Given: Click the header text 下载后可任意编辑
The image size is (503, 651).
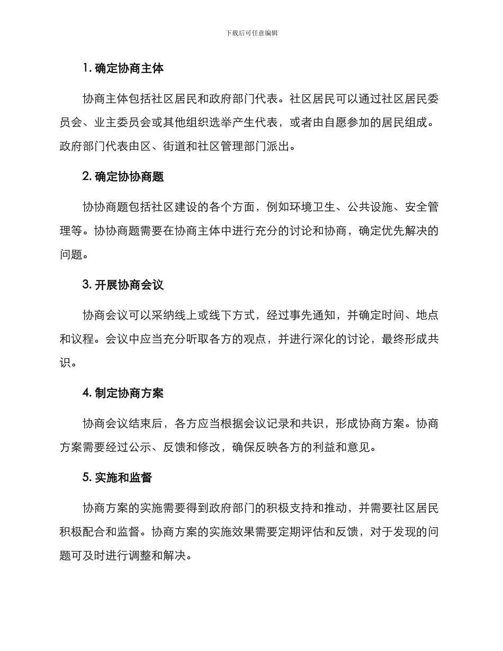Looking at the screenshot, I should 251,33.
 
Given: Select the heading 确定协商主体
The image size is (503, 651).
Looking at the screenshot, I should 130,68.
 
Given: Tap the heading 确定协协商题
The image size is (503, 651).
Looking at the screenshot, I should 130,177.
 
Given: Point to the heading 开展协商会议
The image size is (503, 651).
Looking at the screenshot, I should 130,285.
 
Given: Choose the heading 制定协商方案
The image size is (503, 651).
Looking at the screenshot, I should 130,393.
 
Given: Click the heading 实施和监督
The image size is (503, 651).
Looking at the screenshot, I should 124,477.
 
